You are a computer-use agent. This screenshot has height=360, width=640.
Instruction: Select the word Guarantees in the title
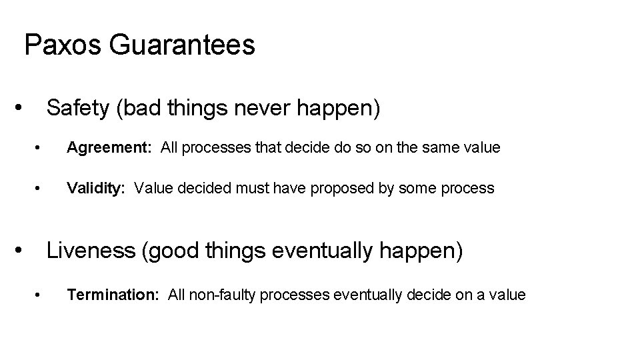[x=181, y=45]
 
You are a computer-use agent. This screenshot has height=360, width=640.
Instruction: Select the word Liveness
[x=90, y=251]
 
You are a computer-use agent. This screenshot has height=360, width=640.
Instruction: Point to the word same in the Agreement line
[x=450, y=147]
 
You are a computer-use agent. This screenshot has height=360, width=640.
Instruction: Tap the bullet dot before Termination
[x=41, y=295]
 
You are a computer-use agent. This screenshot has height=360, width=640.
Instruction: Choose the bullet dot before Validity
[x=41, y=189]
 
